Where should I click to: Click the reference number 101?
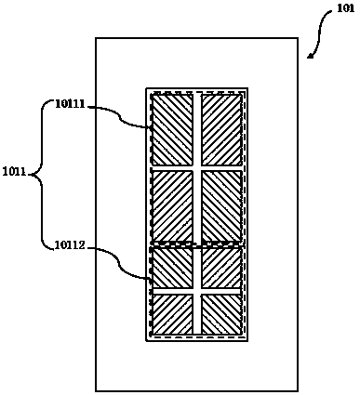(345, 8)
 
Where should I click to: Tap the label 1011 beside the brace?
(14, 171)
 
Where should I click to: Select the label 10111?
(70, 104)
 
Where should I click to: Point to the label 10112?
(70, 245)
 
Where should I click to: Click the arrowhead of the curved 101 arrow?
(310, 56)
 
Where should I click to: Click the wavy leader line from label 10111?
(119, 117)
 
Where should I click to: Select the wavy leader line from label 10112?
(119, 263)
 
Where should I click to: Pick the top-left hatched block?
(172, 130)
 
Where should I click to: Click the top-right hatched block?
(221, 130)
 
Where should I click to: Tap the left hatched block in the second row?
(172, 205)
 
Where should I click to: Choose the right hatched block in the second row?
(221, 205)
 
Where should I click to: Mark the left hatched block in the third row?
(172, 268)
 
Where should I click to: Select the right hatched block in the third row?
(221, 268)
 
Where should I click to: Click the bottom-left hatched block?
(172, 314)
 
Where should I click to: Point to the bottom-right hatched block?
(221, 314)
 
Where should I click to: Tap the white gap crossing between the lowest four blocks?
(197, 291)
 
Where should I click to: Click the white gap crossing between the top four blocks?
(197, 168)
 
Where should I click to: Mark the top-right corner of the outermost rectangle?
(298, 38)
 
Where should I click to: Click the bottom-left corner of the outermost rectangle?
(96, 390)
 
